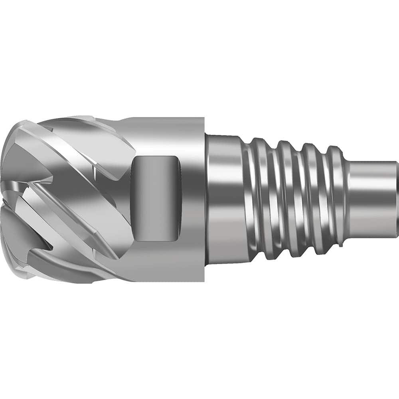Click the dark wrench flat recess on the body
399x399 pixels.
click(x=156, y=198)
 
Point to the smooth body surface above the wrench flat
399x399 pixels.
click(x=168, y=136)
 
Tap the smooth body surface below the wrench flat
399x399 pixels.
click(x=168, y=259)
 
